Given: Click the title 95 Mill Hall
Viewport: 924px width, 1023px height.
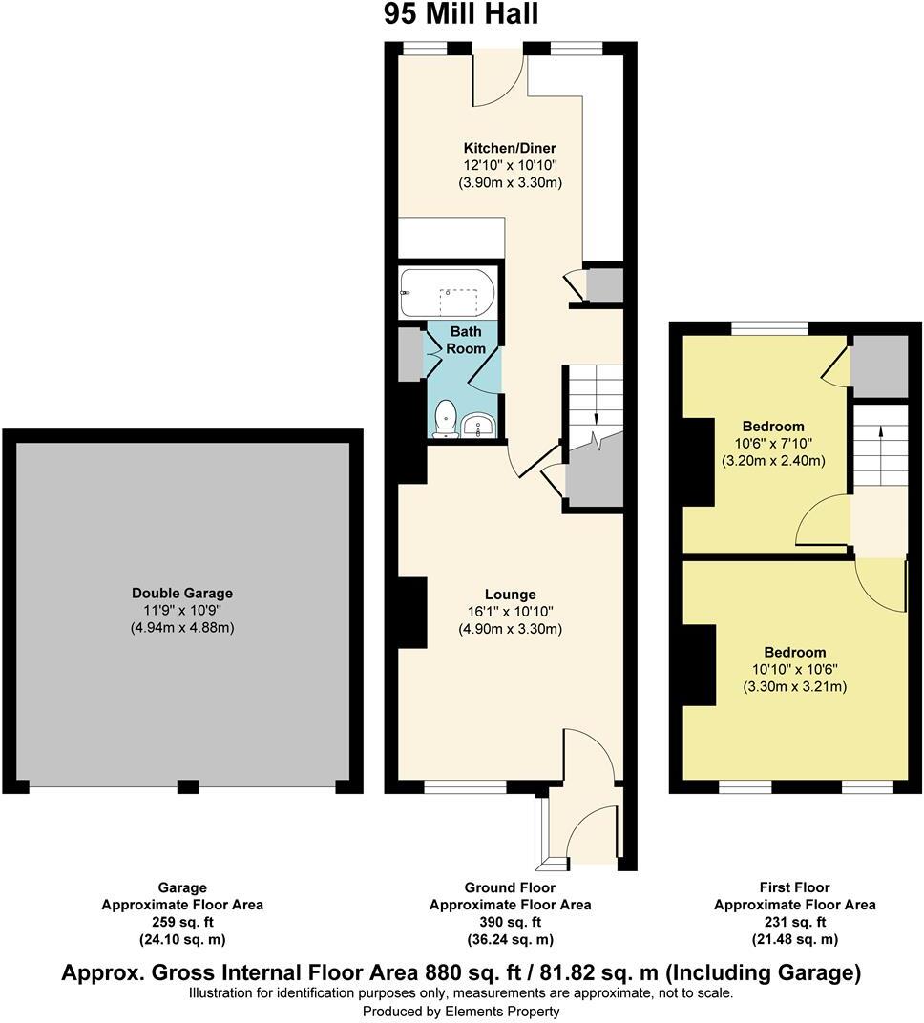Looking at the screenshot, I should pyautogui.click(x=461, y=14).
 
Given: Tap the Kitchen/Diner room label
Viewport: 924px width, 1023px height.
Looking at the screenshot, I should pyautogui.click(x=509, y=148).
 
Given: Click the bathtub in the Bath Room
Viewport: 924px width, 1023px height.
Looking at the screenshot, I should pyautogui.click(x=447, y=292).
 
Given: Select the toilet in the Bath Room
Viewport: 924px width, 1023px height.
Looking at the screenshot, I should pyautogui.click(x=445, y=420).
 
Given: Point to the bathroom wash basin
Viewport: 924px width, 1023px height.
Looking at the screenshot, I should pyautogui.click(x=476, y=425).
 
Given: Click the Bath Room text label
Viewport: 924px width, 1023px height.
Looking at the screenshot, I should pyautogui.click(x=468, y=340).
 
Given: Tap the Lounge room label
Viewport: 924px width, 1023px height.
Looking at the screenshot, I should pyautogui.click(x=510, y=594).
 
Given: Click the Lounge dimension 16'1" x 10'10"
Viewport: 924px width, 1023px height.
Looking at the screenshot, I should pyautogui.click(x=510, y=611).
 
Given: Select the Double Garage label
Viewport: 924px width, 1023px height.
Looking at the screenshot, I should pyautogui.click(x=182, y=593).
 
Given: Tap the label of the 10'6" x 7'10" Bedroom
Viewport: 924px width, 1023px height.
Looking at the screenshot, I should pyautogui.click(x=773, y=426).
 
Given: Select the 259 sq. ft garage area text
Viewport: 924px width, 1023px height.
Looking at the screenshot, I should pyautogui.click(x=181, y=922).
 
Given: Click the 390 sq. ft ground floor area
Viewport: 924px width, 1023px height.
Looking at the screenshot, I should pyautogui.click(x=510, y=922).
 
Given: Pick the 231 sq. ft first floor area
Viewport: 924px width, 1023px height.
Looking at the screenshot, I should pyautogui.click(x=794, y=922).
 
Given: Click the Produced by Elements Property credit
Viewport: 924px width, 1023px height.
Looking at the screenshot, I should pyautogui.click(x=461, y=1011).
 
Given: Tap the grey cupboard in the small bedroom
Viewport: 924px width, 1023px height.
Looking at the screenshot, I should pyautogui.click(x=878, y=366).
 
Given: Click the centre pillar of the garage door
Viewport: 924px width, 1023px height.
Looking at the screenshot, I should pyautogui.click(x=188, y=787).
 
